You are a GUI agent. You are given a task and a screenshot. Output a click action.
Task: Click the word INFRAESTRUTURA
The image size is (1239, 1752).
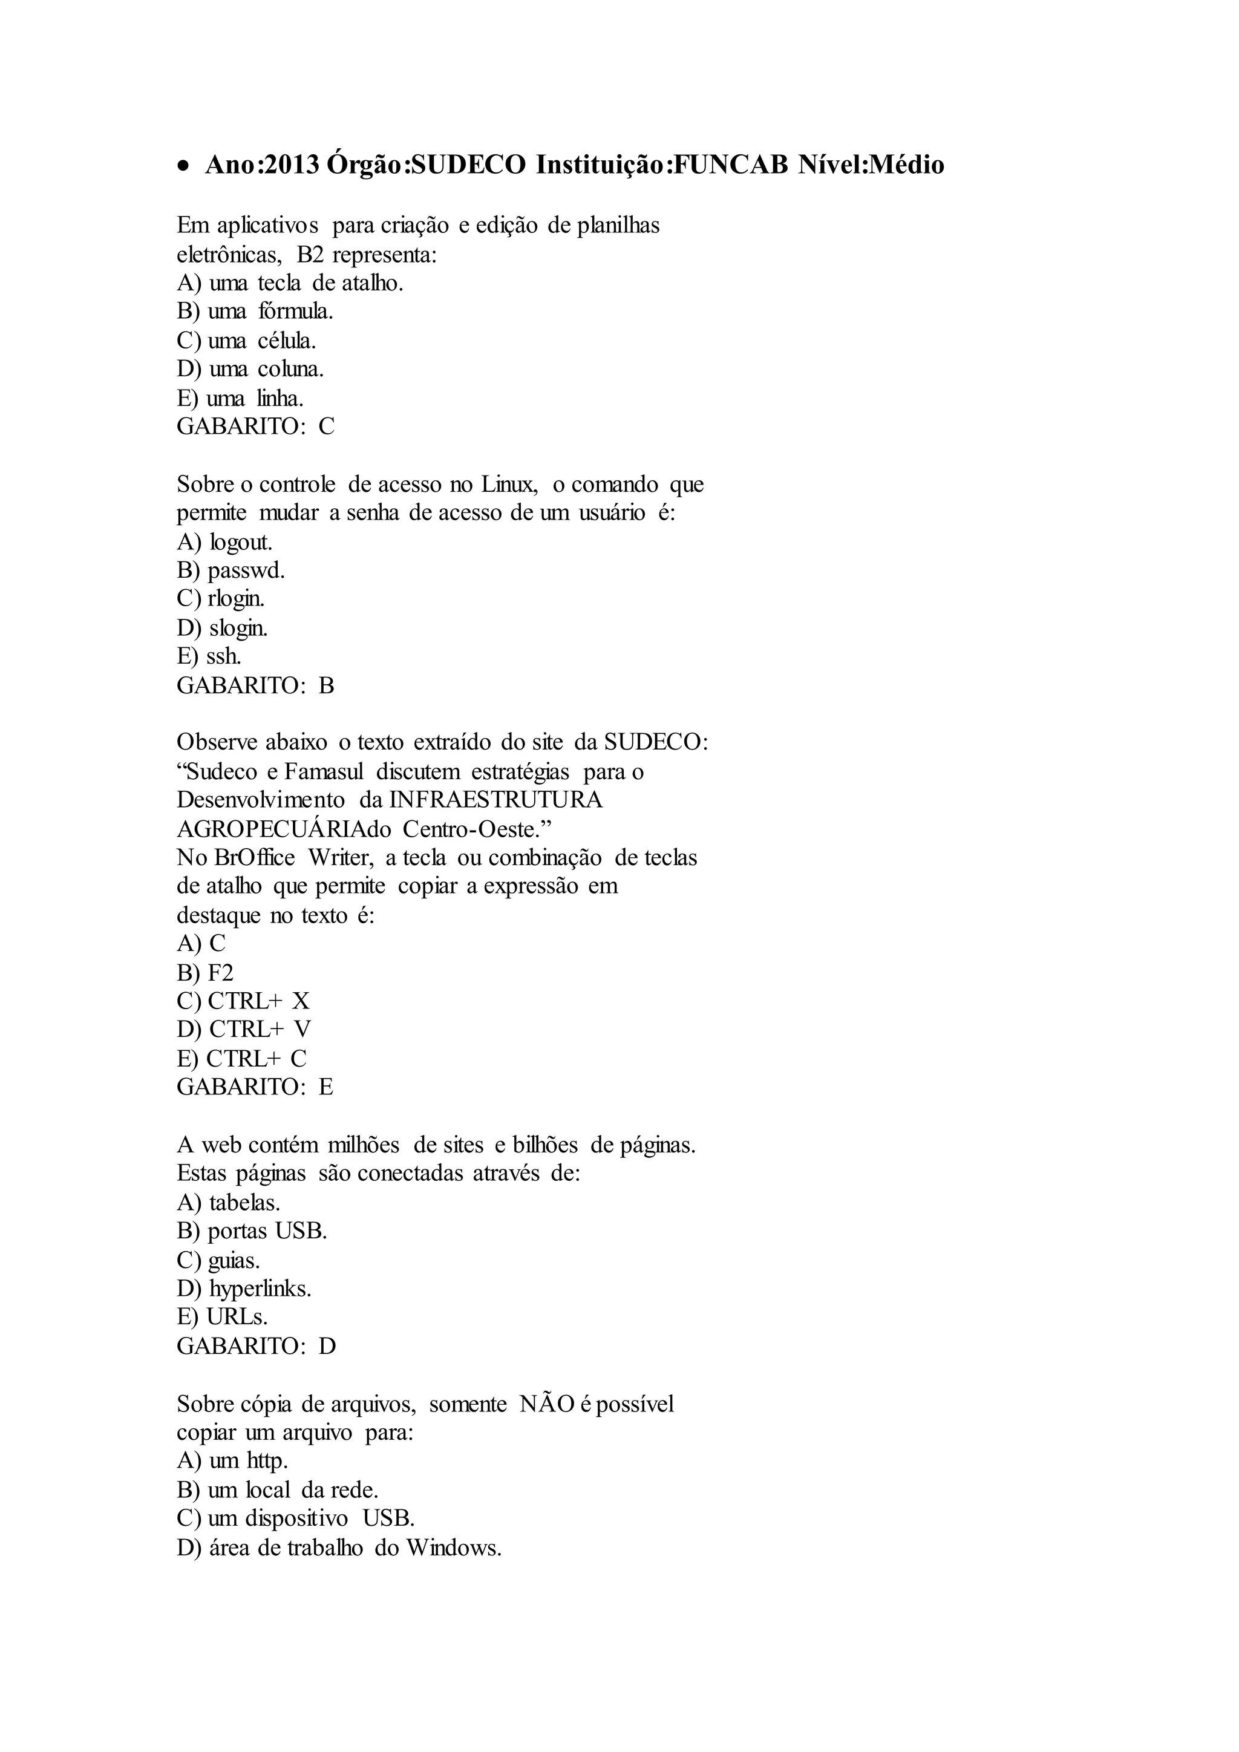pos(496,800)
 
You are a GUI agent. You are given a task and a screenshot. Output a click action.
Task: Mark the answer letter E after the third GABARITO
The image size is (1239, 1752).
pos(325,1087)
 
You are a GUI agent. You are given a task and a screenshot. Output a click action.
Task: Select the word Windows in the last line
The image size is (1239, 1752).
pos(453,1548)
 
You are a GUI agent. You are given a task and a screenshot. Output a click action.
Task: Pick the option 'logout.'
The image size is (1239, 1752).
pos(240,543)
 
